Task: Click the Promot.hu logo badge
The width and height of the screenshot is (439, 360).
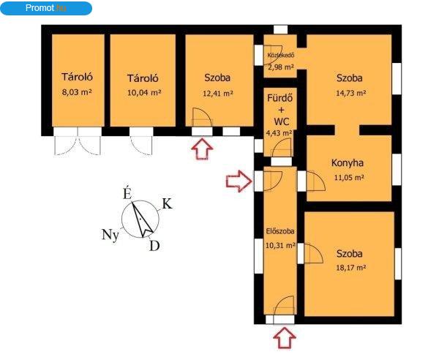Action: [46, 8]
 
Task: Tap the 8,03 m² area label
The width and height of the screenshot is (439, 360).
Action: [77, 92]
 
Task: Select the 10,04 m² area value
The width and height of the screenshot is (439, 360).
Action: [144, 92]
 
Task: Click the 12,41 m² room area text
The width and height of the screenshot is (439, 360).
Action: [218, 93]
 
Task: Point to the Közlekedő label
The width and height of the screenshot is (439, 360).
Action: [281, 55]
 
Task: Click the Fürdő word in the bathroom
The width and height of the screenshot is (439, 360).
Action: [280, 98]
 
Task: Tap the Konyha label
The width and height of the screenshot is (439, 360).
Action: [348, 163]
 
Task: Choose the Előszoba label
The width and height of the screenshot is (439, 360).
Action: [280, 231]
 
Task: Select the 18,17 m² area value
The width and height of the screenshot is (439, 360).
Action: [350, 268]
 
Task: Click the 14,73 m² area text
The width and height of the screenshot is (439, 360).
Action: [350, 93]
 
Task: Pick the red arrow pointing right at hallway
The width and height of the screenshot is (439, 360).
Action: [239, 181]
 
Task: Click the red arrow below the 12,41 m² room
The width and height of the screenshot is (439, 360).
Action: [202, 149]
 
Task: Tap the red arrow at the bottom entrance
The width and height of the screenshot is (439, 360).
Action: [285, 338]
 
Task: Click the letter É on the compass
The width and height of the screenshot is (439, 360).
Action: [127, 193]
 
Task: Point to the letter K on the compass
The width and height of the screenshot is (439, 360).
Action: [168, 204]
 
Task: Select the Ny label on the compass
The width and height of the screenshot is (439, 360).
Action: [110, 235]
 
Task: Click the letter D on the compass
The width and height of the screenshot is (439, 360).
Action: [154, 246]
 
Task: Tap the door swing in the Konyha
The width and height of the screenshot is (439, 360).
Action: [316, 181]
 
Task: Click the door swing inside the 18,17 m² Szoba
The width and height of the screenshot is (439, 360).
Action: [314, 253]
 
